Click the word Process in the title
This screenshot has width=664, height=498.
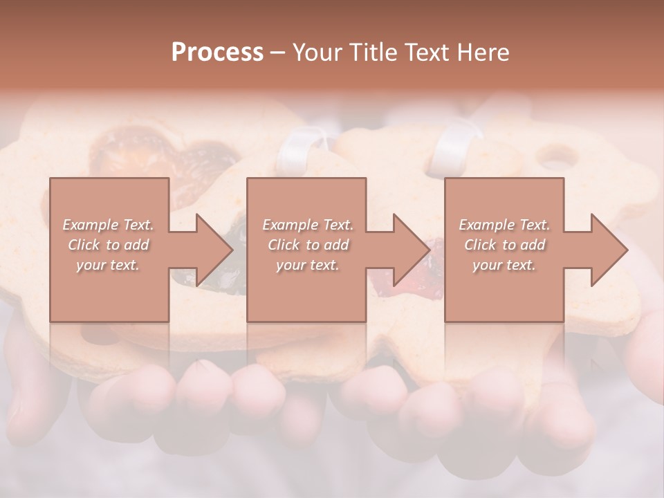pyautogui.click(x=217, y=53)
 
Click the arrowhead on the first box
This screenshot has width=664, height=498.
pyautogui.click(x=212, y=250)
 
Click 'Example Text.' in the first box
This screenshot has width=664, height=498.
pyautogui.click(x=108, y=225)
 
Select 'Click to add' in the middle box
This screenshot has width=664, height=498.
pyautogui.click(x=308, y=245)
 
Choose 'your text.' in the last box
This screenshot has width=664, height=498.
pyautogui.click(x=504, y=265)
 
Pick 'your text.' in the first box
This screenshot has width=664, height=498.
pyautogui.click(x=108, y=265)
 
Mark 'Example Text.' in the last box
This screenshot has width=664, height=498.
pyautogui.click(x=504, y=225)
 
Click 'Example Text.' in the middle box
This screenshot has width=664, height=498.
pyautogui.click(x=308, y=225)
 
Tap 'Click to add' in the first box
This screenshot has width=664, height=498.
pyautogui.click(x=108, y=245)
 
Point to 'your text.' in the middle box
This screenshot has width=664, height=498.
pyautogui.click(x=308, y=265)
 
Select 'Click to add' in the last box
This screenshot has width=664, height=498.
pyautogui.click(x=504, y=245)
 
